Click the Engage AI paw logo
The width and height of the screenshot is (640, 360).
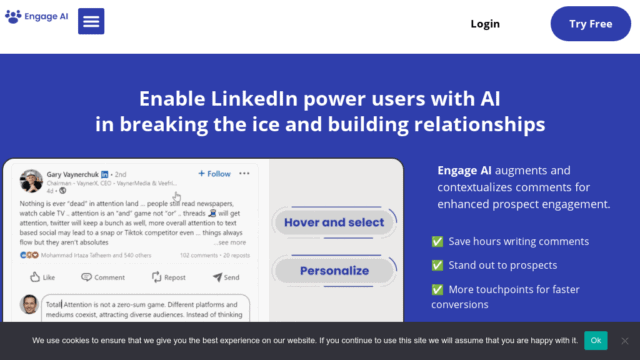coord(13,17)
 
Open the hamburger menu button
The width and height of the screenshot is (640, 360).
coord(90,21)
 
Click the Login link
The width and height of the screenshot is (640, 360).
coord(485,24)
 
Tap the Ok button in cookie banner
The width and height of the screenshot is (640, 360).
coord(596,340)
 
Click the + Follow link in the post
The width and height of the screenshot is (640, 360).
coord(214,173)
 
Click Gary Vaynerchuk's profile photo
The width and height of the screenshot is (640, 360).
coord(31,180)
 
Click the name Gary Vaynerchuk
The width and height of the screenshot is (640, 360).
coord(79,174)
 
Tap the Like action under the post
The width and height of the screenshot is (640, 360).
coord(42,277)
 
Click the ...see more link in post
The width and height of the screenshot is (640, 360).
coord(230,243)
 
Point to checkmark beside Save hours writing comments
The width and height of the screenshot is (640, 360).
coord(437,241)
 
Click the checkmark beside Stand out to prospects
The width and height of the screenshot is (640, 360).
coord(437,265)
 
